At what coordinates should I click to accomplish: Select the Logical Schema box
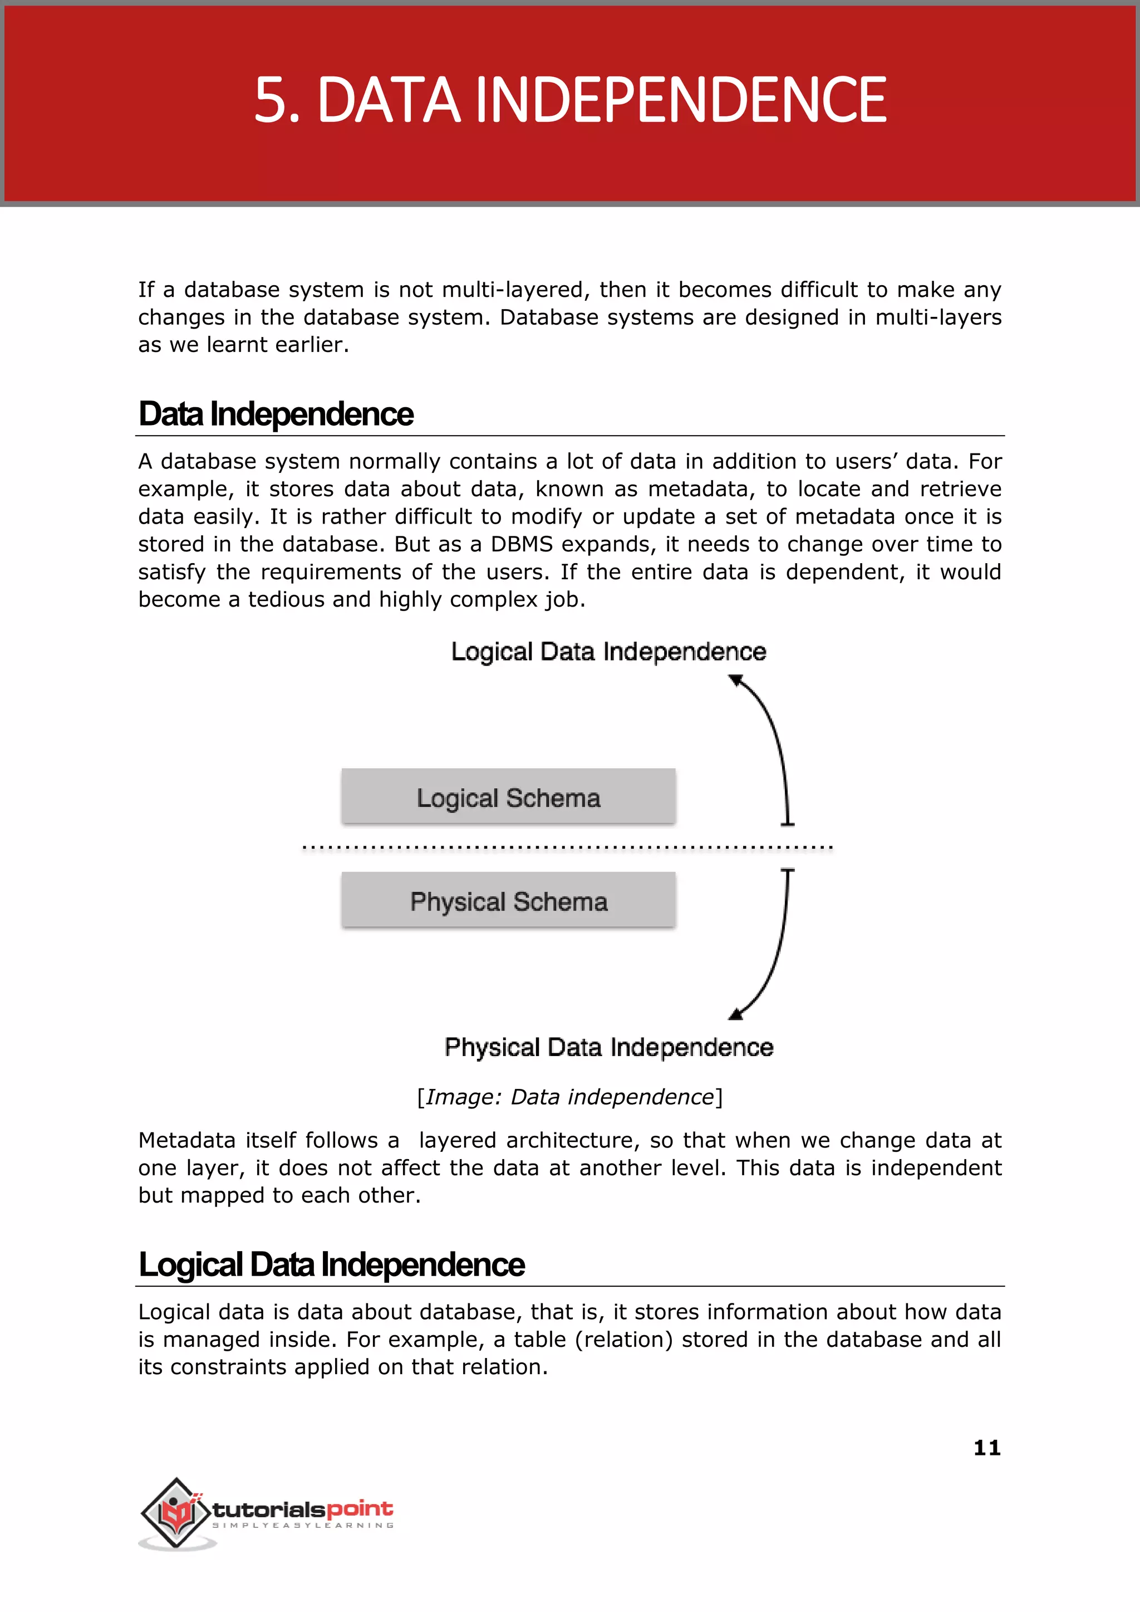click(508, 797)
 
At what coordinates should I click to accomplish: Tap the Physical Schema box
click(508, 901)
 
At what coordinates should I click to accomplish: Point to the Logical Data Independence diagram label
click(608, 651)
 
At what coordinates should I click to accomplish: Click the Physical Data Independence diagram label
click(608, 1047)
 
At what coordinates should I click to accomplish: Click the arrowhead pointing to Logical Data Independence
click(736, 680)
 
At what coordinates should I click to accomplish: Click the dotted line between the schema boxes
click(567, 847)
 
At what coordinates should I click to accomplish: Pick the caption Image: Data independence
click(569, 1096)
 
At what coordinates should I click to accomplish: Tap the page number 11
click(986, 1447)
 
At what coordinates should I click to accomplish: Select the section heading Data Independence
click(276, 414)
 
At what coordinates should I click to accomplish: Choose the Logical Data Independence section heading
click(331, 1264)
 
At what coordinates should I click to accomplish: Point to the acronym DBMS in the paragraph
click(522, 544)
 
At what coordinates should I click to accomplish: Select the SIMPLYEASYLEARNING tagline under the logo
click(303, 1525)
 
